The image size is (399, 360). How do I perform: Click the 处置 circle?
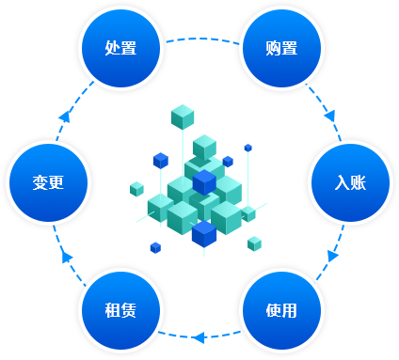coord(121,48)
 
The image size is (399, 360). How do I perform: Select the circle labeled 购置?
coord(281,48)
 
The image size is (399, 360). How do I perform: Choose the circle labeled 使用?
coord(281,310)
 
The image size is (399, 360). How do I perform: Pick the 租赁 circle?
coord(121,310)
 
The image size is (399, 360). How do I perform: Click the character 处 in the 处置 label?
coord(113,48)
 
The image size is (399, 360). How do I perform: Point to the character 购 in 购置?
coord(273,48)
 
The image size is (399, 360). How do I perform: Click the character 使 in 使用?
coord(273,310)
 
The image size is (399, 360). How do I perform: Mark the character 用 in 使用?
coord(290,310)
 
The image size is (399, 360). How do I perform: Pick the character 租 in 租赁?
coord(113,310)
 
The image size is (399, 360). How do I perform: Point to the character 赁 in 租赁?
coord(130,310)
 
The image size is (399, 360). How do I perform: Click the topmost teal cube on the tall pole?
coord(183,117)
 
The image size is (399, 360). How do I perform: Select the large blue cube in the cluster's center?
coord(204,181)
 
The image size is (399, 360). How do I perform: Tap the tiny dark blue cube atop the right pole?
coord(248,147)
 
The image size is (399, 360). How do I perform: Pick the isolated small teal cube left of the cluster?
coord(137,189)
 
